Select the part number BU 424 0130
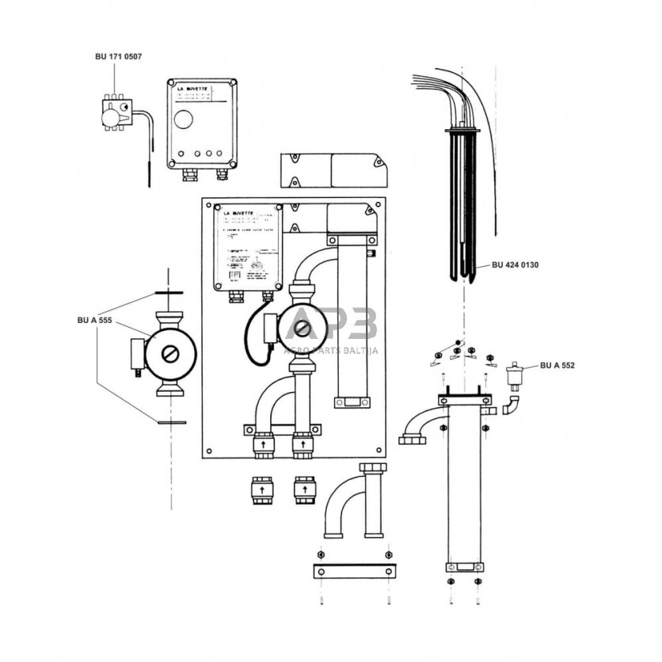click(515, 265)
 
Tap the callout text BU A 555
click(93, 320)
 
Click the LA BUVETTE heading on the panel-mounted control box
click(238, 215)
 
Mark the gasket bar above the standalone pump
click(169, 294)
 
